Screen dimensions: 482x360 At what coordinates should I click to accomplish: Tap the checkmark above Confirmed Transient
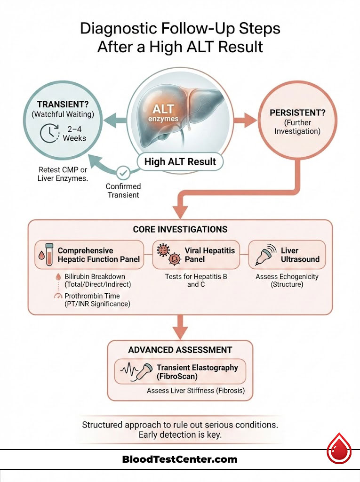click(x=123, y=173)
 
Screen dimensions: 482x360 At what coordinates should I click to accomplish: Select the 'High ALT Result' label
click(x=180, y=161)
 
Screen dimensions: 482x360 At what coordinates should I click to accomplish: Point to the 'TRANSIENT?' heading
click(x=61, y=104)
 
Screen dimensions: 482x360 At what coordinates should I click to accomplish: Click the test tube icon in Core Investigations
click(x=46, y=255)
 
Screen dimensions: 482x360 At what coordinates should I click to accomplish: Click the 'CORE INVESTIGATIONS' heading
click(x=180, y=230)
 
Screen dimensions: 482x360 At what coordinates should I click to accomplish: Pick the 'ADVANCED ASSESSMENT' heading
click(x=180, y=350)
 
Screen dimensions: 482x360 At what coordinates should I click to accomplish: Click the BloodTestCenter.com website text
click(x=180, y=459)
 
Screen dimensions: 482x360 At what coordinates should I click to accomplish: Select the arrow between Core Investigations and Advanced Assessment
click(x=180, y=327)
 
